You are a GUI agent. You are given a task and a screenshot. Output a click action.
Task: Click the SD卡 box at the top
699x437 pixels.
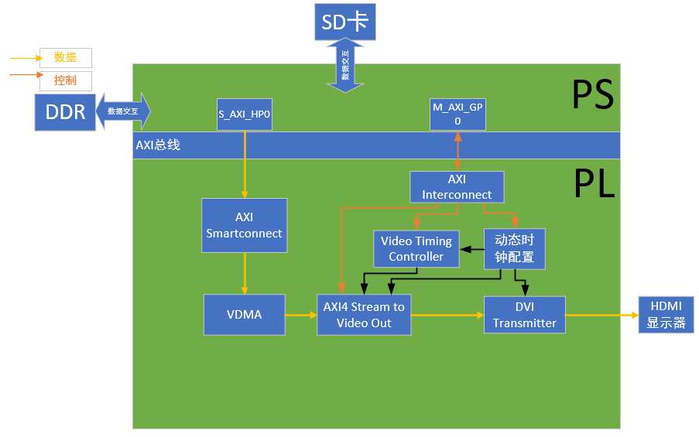point(344,22)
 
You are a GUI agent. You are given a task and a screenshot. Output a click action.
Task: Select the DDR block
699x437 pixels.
point(65,112)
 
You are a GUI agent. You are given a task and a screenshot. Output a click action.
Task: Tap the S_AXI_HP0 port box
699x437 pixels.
point(245,114)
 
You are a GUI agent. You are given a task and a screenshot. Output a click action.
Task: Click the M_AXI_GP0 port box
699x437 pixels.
point(457,114)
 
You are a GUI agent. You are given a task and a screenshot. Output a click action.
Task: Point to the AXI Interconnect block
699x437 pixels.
point(457,187)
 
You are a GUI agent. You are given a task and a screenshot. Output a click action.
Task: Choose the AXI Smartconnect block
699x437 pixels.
point(244,225)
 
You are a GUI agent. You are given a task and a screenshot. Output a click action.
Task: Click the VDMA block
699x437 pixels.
point(244,315)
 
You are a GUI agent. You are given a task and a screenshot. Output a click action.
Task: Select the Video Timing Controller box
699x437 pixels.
point(416,248)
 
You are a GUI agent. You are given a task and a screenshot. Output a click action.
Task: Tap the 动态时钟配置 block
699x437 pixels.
point(515,248)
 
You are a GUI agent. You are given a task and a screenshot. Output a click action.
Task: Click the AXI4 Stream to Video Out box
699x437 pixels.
point(364,315)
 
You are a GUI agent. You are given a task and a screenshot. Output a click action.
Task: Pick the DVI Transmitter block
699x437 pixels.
point(524,315)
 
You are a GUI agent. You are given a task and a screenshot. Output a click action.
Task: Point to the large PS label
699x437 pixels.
point(592,94)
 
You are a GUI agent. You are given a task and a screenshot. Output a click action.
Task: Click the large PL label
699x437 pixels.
point(593,184)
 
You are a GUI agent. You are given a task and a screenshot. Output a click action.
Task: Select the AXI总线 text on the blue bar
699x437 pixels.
point(158,145)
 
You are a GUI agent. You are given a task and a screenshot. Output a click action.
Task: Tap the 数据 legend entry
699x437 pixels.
point(65,57)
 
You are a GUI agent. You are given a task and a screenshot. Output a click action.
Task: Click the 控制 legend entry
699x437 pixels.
point(65,80)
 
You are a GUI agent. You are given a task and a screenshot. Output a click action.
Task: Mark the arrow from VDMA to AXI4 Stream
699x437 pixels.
point(300,315)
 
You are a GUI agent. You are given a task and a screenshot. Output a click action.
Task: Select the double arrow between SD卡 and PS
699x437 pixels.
point(345,66)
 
